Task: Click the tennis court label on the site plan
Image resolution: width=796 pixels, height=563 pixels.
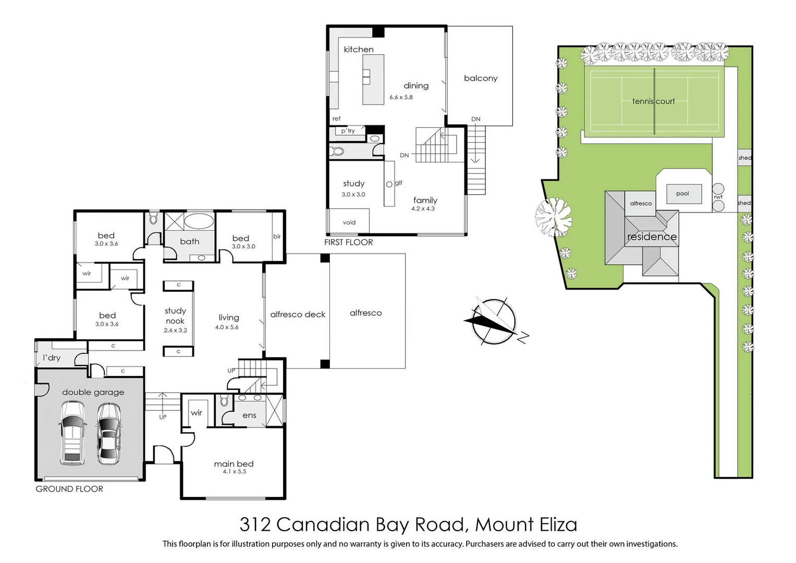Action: (x=653, y=101)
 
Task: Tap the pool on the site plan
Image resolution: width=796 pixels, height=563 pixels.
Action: (x=682, y=194)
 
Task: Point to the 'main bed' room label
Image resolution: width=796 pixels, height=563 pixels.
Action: (x=234, y=463)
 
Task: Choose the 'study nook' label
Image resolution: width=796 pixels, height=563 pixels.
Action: (x=175, y=316)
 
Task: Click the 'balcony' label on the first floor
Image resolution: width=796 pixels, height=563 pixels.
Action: (x=481, y=78)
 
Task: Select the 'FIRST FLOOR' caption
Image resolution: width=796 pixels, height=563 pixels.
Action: (x=348, y=242)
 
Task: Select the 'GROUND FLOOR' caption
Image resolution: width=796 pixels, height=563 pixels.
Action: (x=69, y=489)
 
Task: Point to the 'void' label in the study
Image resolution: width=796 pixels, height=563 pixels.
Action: (x=349, y=223)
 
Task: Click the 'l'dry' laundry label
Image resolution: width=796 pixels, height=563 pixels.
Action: (x=52, y=358)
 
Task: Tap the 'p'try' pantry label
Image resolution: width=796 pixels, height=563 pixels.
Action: (x=348, y=131)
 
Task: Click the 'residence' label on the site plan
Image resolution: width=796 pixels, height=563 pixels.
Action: (x=652, y=237)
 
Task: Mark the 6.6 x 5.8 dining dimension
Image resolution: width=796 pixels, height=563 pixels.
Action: (x=401, y=97)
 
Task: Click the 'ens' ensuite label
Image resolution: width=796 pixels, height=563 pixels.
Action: (x=249, y=415)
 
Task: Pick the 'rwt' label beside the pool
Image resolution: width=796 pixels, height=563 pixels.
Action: (x=718, y=197)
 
